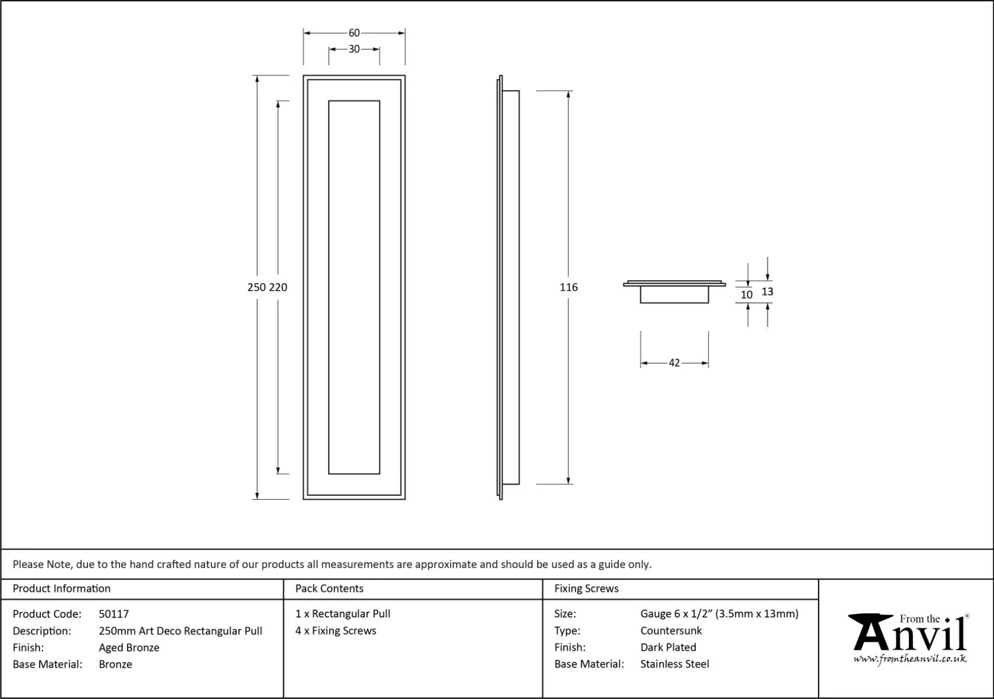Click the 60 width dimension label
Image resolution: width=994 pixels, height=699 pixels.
click(354, 33)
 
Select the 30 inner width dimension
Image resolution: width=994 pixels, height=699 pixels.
click(354, 50)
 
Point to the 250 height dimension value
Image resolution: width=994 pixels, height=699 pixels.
click(256, 287)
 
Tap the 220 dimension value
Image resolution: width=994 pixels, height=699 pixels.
click(278, 287)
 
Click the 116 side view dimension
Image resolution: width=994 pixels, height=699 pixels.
click(569, 287)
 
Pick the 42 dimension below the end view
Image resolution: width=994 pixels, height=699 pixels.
click(674, 363)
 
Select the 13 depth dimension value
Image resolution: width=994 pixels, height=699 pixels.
click(767, 292)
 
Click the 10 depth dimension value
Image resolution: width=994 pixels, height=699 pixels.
click(746, 295)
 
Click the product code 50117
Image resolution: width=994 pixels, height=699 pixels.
click(114, 614)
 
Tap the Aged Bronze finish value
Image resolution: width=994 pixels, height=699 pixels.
click(129, 647)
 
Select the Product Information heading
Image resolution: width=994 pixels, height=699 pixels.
click(61, 588)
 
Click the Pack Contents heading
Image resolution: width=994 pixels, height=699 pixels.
click(329, 588)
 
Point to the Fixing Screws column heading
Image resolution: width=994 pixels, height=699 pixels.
click(586, 588)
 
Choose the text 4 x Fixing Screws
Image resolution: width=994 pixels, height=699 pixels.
click(336, 630)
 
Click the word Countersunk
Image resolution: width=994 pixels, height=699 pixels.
click(671, 630)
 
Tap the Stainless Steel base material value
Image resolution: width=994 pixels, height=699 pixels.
click(674, 664)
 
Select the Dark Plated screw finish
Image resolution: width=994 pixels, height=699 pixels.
click(668, 647)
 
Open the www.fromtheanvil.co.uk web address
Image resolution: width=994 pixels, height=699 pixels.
click(910, 659)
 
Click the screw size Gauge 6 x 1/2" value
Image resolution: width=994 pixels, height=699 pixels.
click(719, 613)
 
